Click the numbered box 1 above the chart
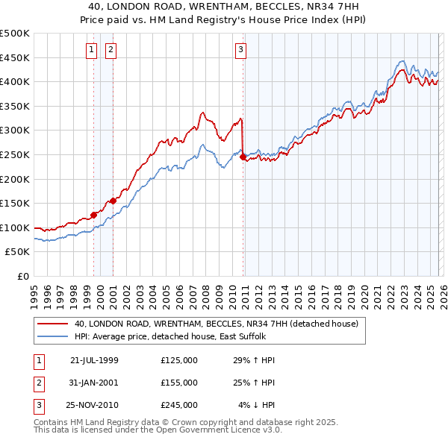click(91, 50)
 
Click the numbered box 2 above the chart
click(111, 50)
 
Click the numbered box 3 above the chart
click(241, 50)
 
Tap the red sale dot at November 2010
click(243, 157)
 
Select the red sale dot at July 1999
click(94, 215)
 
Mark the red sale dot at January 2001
click(113, 201)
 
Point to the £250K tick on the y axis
click(16, 154)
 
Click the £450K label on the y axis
click(16, 57)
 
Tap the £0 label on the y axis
click(22, 276)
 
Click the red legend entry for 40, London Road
click(217, 324)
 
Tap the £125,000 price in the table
click(179, 360)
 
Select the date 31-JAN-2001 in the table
click(94, 382)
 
